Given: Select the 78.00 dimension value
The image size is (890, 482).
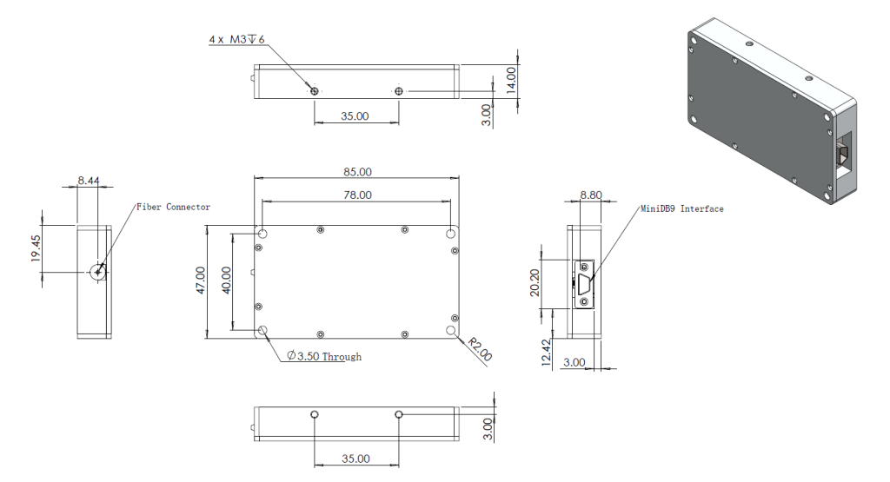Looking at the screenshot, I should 357,195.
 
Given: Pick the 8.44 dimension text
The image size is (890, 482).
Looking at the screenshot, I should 88,181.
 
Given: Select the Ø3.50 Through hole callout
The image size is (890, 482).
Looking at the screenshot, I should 324,356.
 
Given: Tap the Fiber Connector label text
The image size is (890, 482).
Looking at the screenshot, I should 173,207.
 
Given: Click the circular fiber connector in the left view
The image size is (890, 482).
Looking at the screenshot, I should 96,272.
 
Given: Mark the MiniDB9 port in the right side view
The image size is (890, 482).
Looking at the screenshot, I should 584,282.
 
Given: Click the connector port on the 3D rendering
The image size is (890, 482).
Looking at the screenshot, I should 844,156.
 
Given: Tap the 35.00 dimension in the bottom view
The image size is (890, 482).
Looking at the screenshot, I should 355,458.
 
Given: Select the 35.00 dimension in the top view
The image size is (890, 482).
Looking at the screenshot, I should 355,115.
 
